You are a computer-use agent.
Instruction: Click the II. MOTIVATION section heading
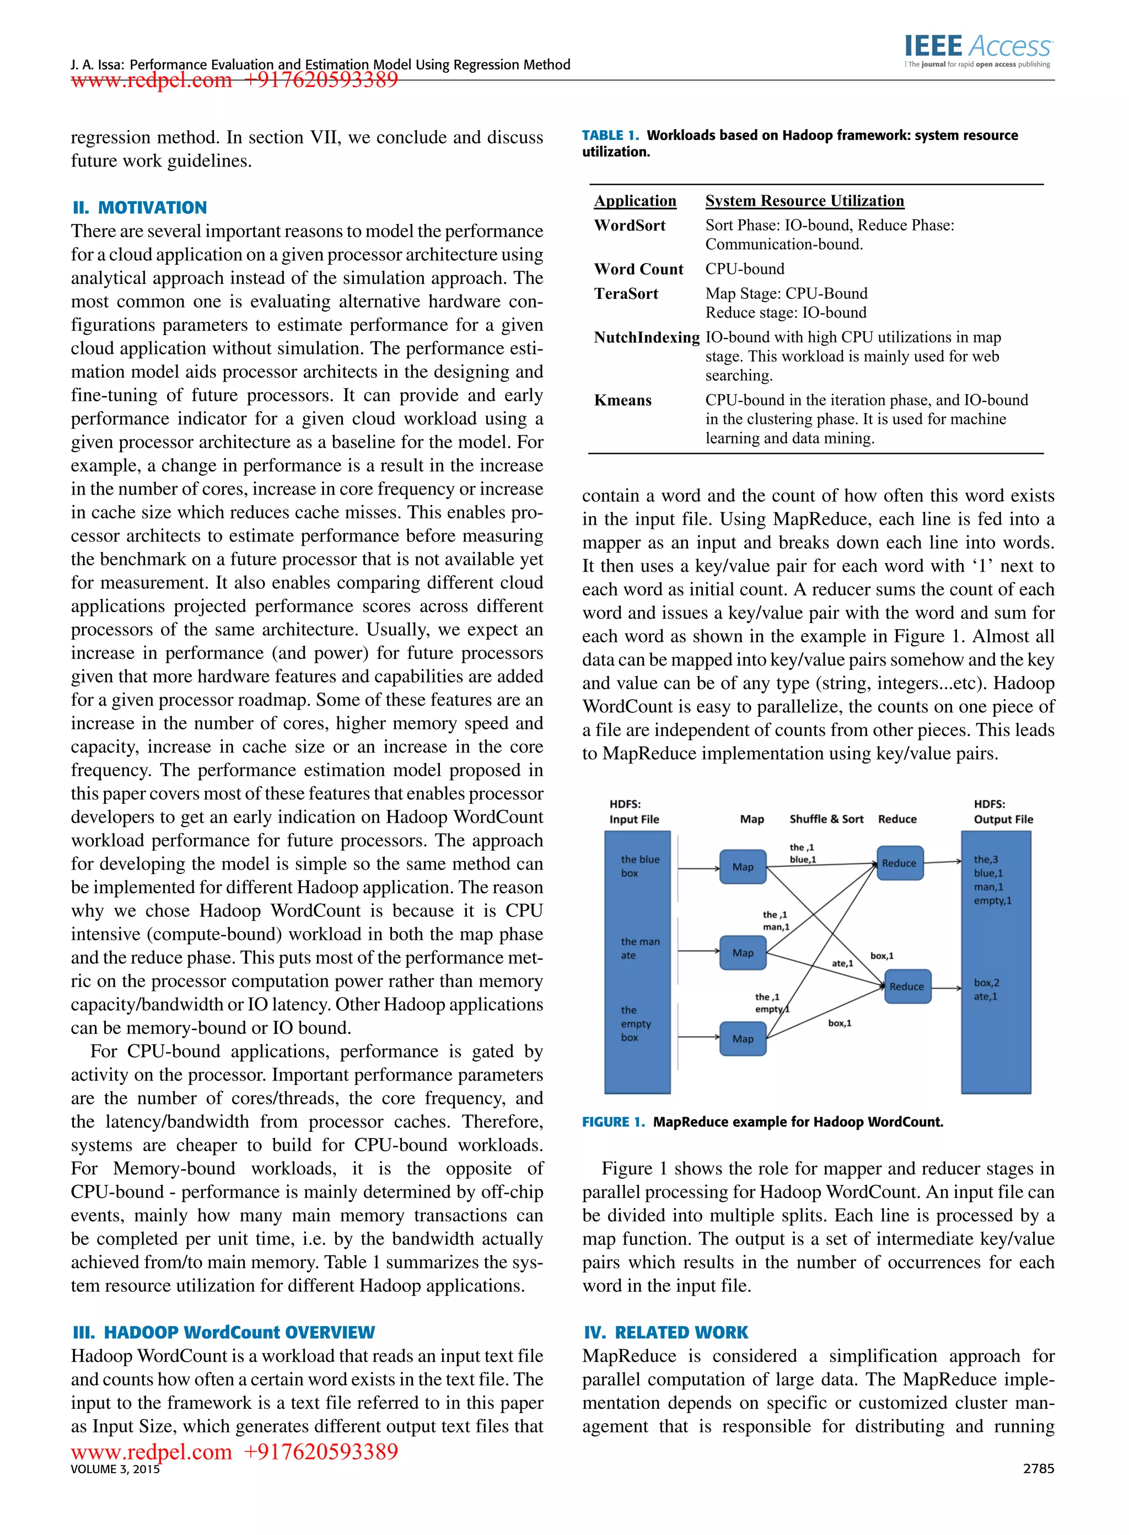click(x=139, y=208)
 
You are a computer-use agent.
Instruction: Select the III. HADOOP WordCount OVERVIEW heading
click(x=224, y=1332)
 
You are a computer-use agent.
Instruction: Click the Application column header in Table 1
click(x=635, y=201)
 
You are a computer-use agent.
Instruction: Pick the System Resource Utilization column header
click(x=804, y=201)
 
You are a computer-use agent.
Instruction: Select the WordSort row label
click(x=630, y=226)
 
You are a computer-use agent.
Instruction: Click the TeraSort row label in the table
click(x=626, y=294)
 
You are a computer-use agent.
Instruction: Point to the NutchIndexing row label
click(x=647, y=337)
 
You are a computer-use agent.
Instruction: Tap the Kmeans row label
click(x=622, y=400)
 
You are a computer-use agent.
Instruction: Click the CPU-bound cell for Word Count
click(x=745, y=269)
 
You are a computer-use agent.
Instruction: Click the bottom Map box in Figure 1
click(x=743, y=1038)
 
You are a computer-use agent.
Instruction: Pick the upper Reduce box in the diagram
click(x=899, y=863)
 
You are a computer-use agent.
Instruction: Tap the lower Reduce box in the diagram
click(x=907, y=986)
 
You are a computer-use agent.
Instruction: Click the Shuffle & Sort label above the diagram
click(x=826, y=819)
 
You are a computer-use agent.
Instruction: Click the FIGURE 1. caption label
click(x=613, y=1122)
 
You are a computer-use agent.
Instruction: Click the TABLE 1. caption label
click(x=610, y=135)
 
